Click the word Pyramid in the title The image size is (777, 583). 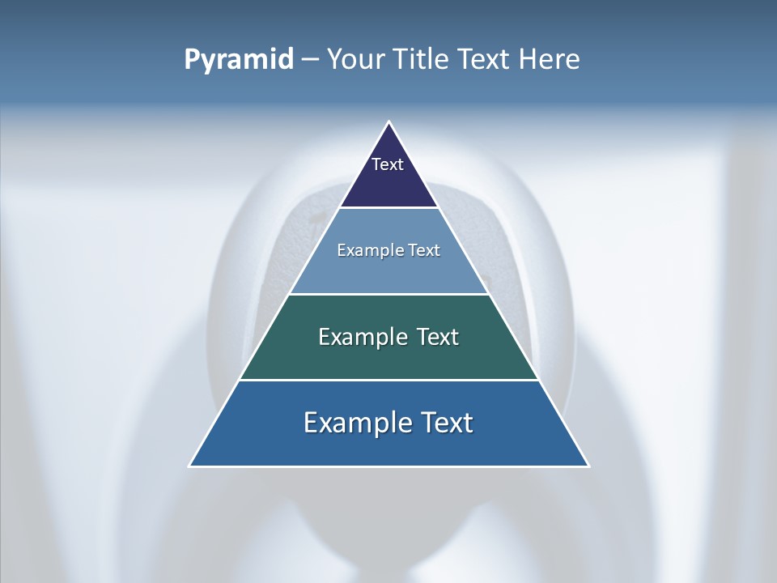pyautogui.click(x=239, y=60)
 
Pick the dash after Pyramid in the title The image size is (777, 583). pyautogui.click(x=310, y=60)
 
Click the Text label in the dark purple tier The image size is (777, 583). pyautogui.click(x=388, y=164)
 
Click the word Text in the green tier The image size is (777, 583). pyautogui.click(x=438, y=337)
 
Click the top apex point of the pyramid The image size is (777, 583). pyautogui.click(x=388, y=122)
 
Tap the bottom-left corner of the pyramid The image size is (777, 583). pyautogui.click(x=190, y=466)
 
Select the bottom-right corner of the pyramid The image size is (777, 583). pyautogui.click(x=588, y=466)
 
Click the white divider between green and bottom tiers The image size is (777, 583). pyautogui.click(x=388, y=380)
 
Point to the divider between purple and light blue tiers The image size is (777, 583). pyautogui.click(x=388, y=207)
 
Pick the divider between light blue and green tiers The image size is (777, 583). pyautogui.click(x=388, y=294)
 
